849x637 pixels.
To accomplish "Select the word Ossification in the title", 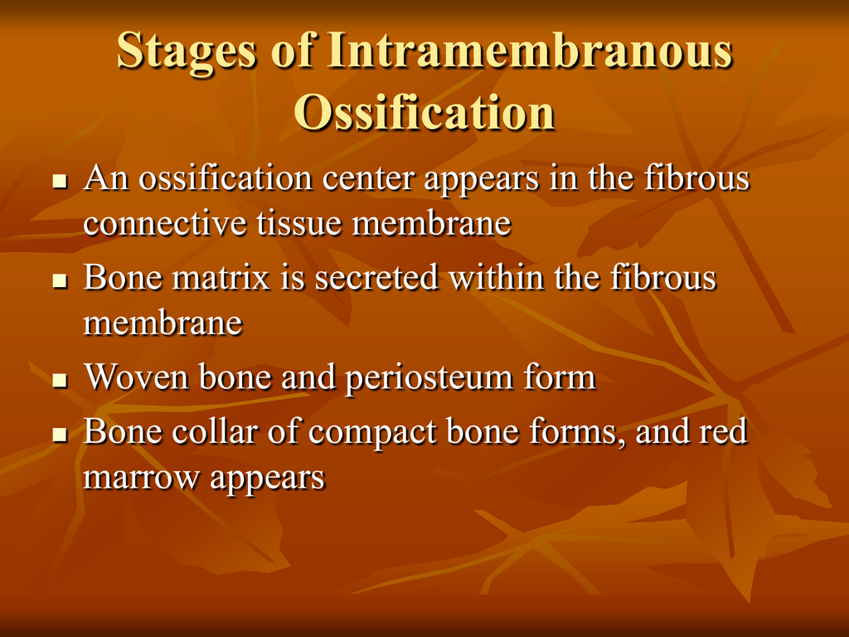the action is click(x=424, y=112).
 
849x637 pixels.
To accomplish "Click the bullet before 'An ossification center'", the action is click(x=60, y=180).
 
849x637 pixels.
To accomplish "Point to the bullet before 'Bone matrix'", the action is click(x=60, y=280).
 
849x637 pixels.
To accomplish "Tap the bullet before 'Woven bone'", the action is click(x=60, y=380).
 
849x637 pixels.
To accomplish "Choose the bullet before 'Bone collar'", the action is click(x=60, y=434).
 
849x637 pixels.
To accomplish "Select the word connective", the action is click(x=165, y=222).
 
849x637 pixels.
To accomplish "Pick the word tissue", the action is click(x=298, y=222).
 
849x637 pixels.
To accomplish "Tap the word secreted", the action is click(x=376, y=277).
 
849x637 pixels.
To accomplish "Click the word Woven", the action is click(x=137, y=377).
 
